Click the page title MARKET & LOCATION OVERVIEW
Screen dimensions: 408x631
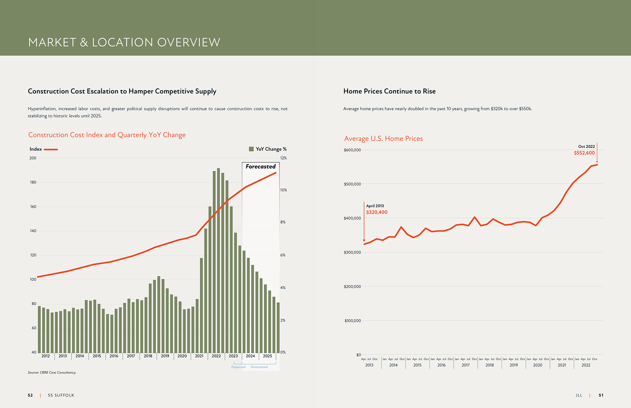[124, 42]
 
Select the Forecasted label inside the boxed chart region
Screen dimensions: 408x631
[261, 166]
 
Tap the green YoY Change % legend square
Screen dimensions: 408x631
[251, 149]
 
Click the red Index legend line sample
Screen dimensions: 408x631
[51, 149]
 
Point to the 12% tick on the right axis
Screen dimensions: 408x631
[283, 158]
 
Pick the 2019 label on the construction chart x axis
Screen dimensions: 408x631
[165, 356]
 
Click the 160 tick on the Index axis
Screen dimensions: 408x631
[33, 207]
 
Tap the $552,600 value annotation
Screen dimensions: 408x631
[584, 153]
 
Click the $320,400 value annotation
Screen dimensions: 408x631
[377, 212]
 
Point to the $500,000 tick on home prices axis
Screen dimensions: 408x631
[352, 184]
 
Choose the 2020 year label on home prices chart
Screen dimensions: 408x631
[538, 365]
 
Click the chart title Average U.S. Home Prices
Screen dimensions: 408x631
[383, 138]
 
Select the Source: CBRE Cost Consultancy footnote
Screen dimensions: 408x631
[52, 372]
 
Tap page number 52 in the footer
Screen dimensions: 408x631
[30, 395]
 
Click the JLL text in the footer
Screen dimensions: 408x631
[579, 395]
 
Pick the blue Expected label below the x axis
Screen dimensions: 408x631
[238, 367]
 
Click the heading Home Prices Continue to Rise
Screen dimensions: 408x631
[389, 91]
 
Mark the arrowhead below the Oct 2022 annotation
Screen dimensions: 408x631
[597, 162]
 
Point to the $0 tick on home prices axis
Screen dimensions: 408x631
[358, 355]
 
